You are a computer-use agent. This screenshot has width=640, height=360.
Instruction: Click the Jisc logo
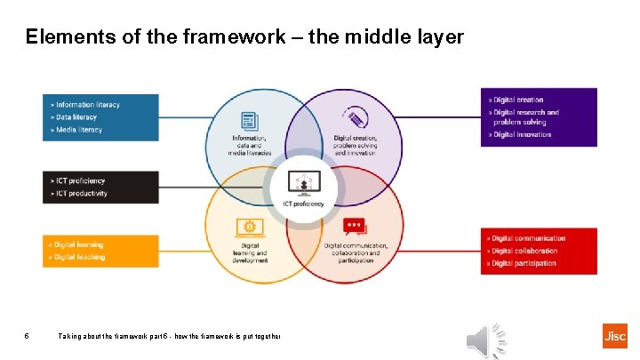(613, 336)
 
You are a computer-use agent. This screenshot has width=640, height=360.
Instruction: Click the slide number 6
(28, 337)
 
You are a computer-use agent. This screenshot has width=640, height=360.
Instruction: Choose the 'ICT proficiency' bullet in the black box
(80, 180)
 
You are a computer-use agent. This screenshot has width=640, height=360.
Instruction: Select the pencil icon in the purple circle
(356, 118)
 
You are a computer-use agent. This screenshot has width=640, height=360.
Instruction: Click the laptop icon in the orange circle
(249, 227)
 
